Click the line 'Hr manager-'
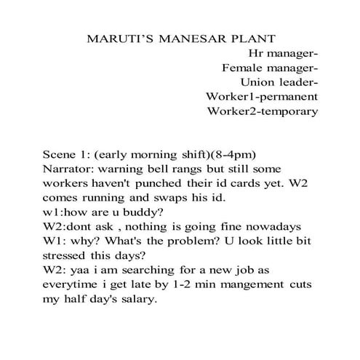(283, 53)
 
